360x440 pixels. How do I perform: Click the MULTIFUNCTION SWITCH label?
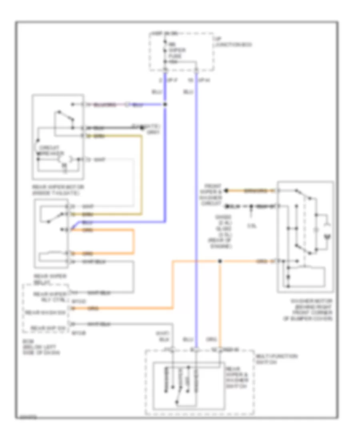click(271, 358)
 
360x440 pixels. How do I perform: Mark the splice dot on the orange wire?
click(220, 262)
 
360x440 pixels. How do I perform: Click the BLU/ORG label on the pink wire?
click(104, 105)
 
